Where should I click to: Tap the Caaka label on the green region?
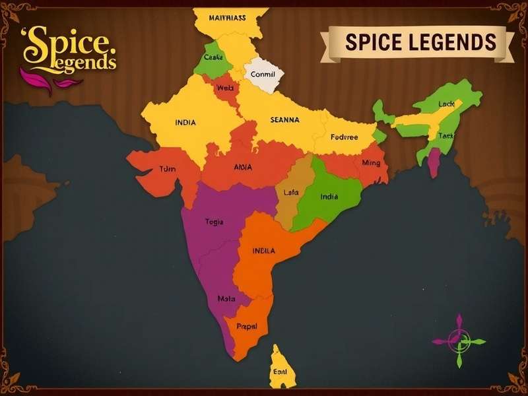(213, 57)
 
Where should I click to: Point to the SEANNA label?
(285, 120)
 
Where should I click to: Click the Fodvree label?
(344, 137)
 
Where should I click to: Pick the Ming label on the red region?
(372, 162)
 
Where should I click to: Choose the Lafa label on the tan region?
(291, 192)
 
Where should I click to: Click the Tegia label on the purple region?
(214, 222)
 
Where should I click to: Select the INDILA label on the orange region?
(264, 251)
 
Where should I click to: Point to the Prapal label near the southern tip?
(246, 326)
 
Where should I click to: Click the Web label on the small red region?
(226, 88)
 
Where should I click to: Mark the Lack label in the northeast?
(446, 104)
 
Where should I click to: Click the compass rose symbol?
(459, 341)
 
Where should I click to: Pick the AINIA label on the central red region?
(243, 167)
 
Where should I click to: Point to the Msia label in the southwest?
(226, 298)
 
